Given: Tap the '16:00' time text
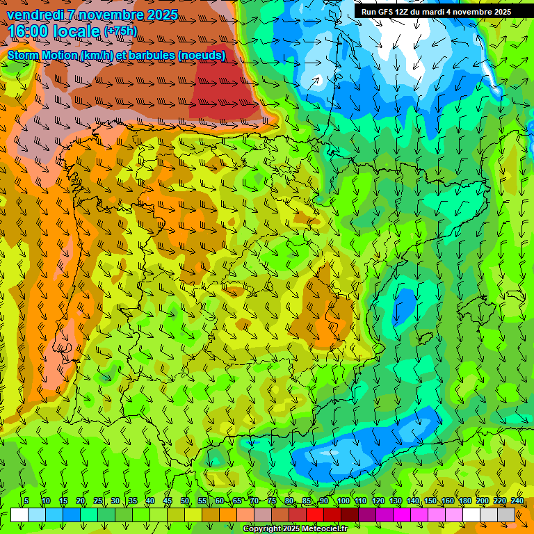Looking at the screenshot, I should (x=29, y=31).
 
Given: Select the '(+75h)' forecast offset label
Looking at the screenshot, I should (x=120, y=31).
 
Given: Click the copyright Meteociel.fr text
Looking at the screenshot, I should (x=295, y=529).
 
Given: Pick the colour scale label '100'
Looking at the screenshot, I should (x=343, y=501).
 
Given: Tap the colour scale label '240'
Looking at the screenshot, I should (x=517, y=501).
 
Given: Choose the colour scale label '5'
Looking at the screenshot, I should (x=26, y=501).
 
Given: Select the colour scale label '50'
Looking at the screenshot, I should (x=185, y=501).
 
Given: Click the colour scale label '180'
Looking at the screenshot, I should (x=464, y=501).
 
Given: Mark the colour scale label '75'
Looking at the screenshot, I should (x=272, y=501).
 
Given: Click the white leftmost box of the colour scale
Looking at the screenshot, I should (x=19, y=515).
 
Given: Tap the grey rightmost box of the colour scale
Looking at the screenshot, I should (x=506, y=515).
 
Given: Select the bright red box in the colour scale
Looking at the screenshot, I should (x=315, y=515).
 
